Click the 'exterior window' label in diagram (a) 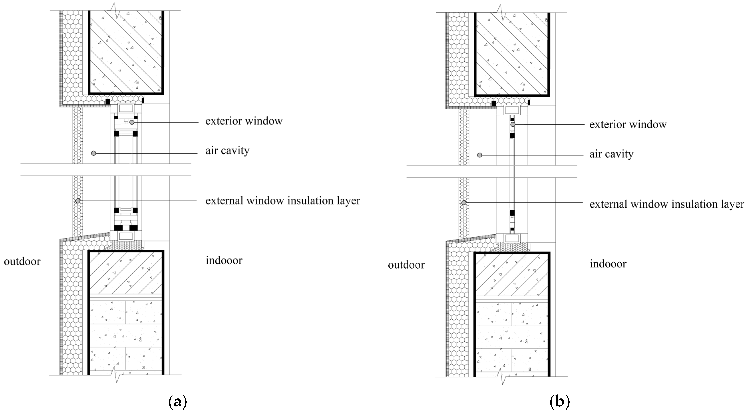click(x=244, y=121)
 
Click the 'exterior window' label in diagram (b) click(x=628, y=124)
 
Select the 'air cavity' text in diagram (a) click(x=227, y=151)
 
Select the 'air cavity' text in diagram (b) click(x=611, y=154)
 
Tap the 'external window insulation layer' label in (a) click(x=283, y=201)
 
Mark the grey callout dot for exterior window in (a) click(x=132, y=122)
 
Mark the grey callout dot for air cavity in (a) click(x=93, y=153)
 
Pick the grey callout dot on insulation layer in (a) click(x=78, y=201)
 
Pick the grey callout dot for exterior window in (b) click(x=513, y=124)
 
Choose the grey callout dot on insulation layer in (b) click(x=464, y=203)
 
